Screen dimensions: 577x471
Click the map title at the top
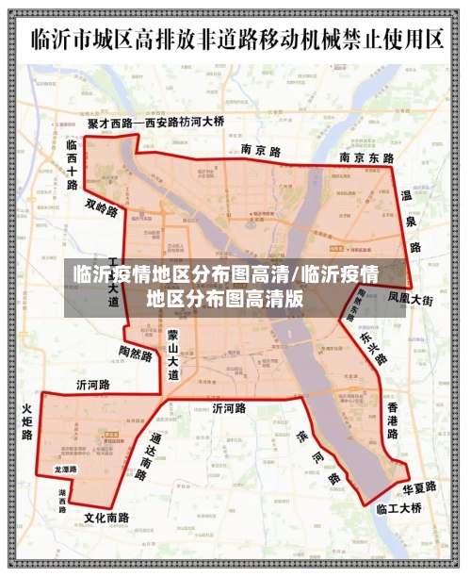(235, 40)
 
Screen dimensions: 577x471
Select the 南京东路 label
(366, 158)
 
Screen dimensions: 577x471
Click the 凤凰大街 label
(411, 299)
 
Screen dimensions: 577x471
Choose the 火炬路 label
(27, 422)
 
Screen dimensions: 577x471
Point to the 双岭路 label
(102, 208)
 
